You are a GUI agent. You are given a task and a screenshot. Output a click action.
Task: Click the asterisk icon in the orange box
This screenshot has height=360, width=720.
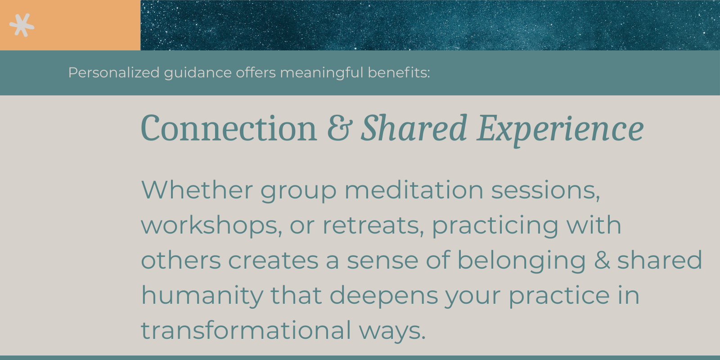click(x=22, y=25)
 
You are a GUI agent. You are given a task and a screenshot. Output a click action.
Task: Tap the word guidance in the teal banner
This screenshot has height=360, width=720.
click(x=198, y=72)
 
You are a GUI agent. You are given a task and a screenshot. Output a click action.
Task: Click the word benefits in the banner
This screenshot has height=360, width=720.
click(x=398, y=72)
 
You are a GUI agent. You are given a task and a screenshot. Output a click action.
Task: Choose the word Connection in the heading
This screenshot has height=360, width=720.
click(x=229, y=129)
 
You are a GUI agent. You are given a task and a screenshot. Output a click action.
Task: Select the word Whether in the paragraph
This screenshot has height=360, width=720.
click(x=197, y=190)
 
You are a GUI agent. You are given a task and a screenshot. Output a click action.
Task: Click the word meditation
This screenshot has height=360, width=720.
click(x=414, y=190)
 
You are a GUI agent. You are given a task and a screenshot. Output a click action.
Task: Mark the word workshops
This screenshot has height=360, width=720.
click(x=211, y=225)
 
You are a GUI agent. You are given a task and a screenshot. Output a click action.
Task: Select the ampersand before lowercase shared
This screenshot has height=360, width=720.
click(x=602, y=261)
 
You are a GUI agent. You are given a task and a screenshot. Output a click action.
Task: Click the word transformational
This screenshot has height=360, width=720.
click(x=246, y=330)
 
